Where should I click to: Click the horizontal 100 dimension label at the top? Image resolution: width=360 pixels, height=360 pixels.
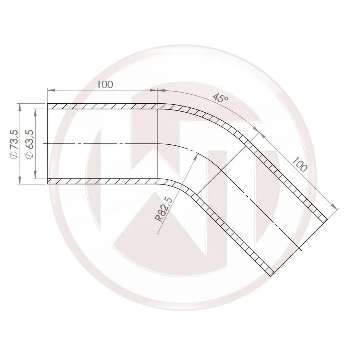[105, 85]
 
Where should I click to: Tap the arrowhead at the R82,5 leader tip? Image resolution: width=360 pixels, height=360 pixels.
[197, 155]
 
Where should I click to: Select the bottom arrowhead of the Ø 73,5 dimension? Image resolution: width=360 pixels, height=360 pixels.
[20, 182]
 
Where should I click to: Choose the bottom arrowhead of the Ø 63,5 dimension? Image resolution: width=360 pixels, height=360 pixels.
[35, 176]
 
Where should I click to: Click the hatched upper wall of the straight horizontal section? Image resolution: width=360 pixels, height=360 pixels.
[103, 107]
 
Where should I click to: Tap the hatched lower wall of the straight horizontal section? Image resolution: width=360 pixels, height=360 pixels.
[103, 181]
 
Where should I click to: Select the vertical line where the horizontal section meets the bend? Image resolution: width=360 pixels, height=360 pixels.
[157, 144]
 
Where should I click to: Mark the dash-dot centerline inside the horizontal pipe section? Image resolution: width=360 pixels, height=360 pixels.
[101, 144]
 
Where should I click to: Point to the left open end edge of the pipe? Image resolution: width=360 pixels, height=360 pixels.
[48, 144]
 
